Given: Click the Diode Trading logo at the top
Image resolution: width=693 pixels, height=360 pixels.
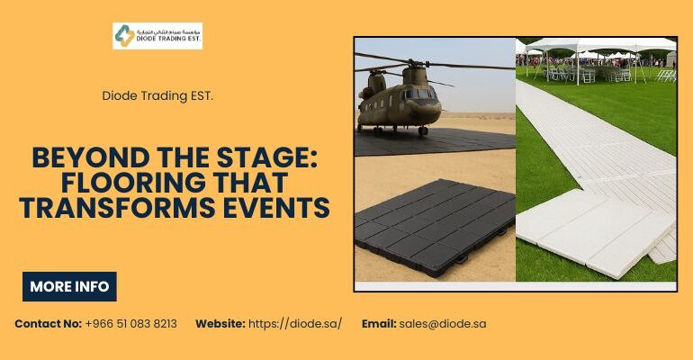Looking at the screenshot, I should tap(157, 36).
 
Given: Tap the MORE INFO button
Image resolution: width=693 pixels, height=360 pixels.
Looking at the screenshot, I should tap(69, 287).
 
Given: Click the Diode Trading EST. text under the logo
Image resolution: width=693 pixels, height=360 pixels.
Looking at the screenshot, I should tap(157, 94).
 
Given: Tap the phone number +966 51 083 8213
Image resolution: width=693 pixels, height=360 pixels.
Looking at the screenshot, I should tap(131, 323).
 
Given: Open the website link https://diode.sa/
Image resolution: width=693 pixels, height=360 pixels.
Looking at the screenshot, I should tap(295, 323).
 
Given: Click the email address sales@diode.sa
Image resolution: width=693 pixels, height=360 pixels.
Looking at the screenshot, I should tap(444, 323).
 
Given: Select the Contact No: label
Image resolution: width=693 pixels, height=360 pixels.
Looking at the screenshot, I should tap(48, 323).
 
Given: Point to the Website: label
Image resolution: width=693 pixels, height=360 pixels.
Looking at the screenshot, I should tap(220, 323).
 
